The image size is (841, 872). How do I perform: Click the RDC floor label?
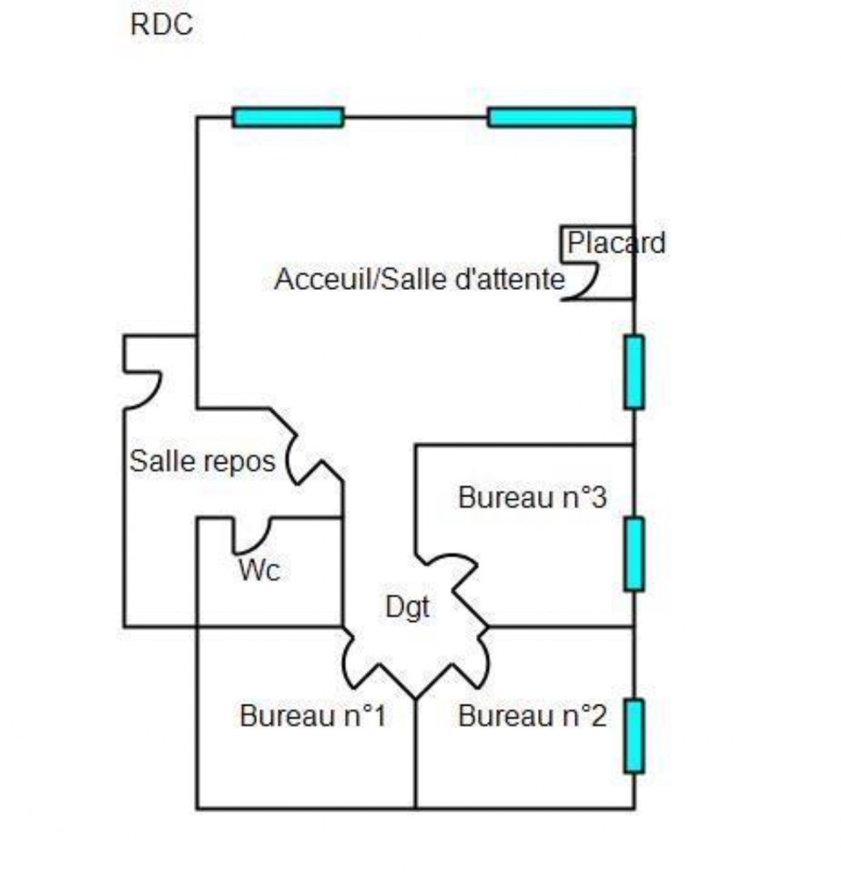(x=162, y=25)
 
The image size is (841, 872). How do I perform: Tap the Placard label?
(x=616, y=243)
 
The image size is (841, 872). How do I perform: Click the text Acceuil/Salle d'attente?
(x=419, y=279)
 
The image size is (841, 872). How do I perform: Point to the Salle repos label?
(x=203, y=462)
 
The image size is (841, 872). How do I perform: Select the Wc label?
(x=259, y=570)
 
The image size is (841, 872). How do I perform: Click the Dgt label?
(x=407, y=607)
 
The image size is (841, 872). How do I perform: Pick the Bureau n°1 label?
(x=313, y=715)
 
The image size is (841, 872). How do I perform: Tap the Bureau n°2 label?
(x=532, y=715)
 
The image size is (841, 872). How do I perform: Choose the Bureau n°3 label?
(x=532, y=497)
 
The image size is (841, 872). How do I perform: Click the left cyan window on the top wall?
(x=288, y=117)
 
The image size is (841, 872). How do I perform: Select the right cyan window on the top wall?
(x=561, y=117)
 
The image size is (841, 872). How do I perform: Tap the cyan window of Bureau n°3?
(x=634, y=554)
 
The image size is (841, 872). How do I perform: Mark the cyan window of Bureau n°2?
(x=634, y=736)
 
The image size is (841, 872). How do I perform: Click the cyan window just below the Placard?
(x=634, y=372)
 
